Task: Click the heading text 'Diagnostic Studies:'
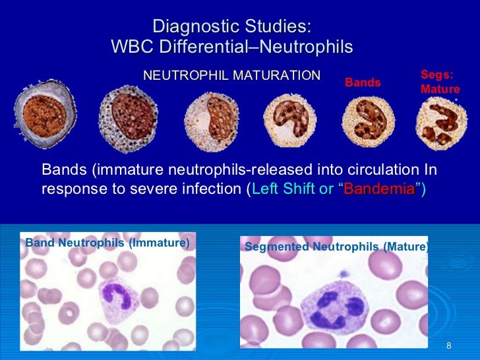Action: (x=231, y=27)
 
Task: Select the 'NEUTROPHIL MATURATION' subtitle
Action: (x=232, y=76)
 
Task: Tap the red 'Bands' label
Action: (x=363, y=82)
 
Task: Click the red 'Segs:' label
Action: (x=436, y=76)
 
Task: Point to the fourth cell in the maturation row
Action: (x=291, y=119)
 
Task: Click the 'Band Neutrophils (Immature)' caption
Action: (x=107, y=243)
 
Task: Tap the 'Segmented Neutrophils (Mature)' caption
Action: (x=336, y=247)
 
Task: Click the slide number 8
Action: (x=449, y=347)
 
